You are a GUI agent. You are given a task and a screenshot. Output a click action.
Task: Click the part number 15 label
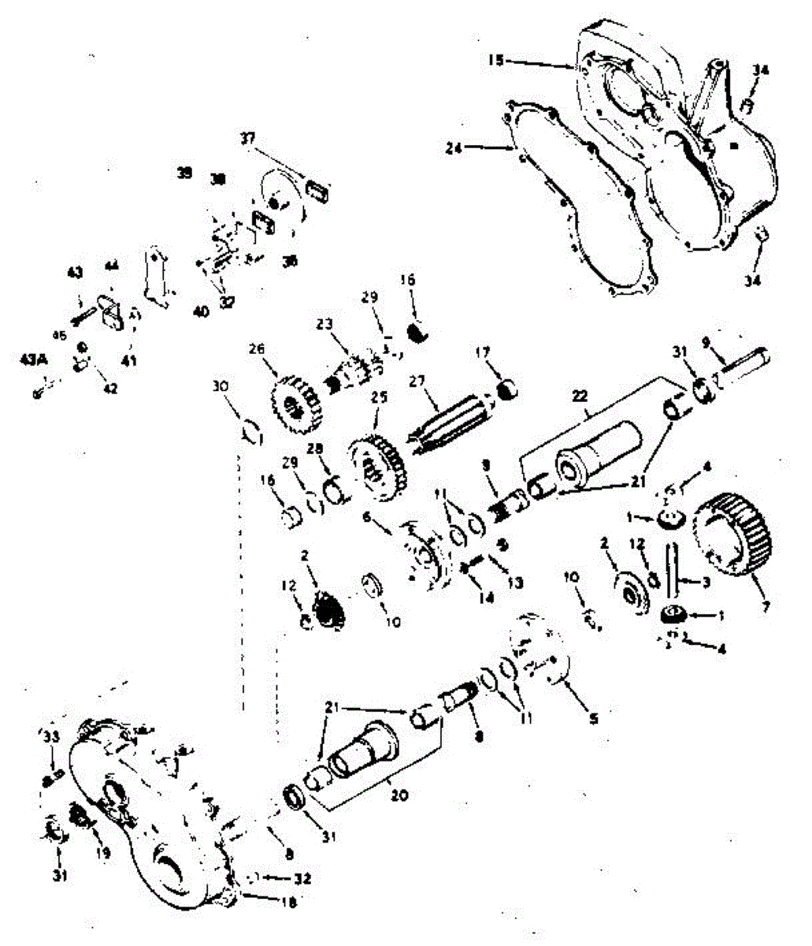[494, 59]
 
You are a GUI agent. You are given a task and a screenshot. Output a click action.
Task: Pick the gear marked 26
[291, 402]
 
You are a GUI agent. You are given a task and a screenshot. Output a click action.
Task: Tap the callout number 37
[248, 139]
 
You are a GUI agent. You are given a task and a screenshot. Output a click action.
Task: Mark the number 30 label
[221, 385]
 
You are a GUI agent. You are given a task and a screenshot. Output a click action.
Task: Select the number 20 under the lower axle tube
[399, 795]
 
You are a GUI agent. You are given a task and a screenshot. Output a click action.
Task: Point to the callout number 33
[50, 736]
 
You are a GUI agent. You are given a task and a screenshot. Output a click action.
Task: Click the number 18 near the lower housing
[289, 903]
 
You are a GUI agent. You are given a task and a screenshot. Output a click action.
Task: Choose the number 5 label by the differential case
[594, 718]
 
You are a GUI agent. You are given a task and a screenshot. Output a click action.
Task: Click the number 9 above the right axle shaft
[706, 342]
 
